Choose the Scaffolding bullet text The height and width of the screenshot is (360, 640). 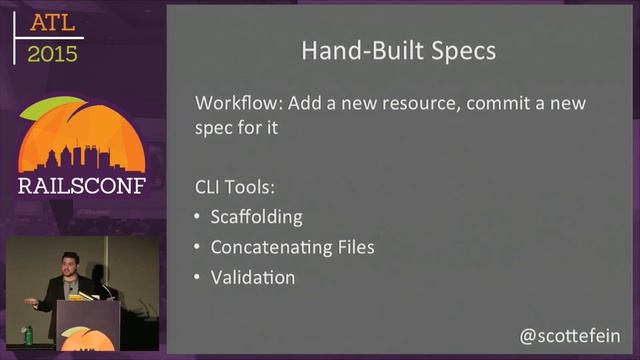coord(256,217)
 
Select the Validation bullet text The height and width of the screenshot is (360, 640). coord(252,277)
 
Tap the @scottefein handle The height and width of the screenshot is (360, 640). coord(570,336)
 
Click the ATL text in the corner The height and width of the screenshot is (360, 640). coord(50,22)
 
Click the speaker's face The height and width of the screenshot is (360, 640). coord(69,266)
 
